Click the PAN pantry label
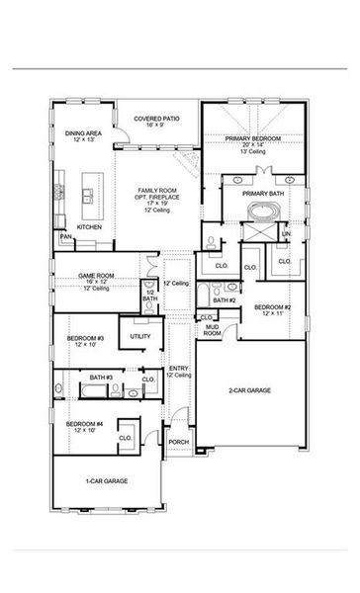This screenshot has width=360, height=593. tap(65, 237)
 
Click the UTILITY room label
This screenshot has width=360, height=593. tap(140, 337)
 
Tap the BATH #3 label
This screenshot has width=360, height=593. tap(102, 378)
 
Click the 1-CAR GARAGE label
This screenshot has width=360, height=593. tap(104, 480)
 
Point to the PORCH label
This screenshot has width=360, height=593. tap(179, 442)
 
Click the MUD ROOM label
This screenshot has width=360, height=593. tap(212, 331)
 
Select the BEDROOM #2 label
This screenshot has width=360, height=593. tap(272, 308)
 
